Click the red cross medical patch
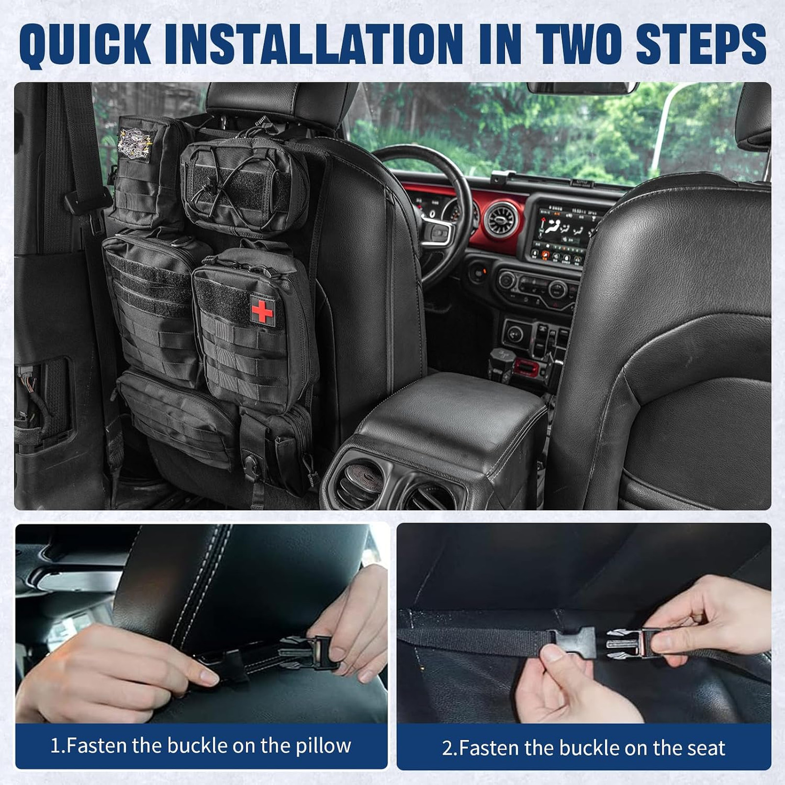262,311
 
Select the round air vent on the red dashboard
501,218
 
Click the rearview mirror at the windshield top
582,88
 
